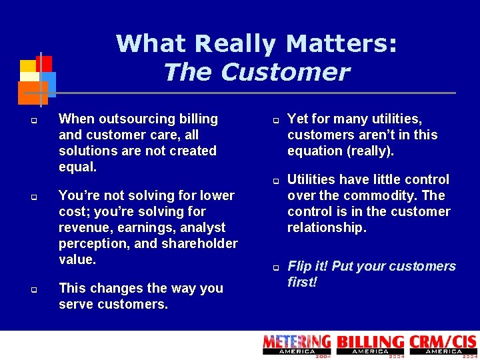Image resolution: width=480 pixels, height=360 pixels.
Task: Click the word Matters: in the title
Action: tap(341, 44)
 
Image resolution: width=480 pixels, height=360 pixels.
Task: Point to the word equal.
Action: tap(77, 167)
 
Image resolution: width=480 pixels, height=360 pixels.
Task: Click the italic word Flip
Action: tap(300, 266)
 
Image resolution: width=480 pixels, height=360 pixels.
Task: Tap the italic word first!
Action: tap(302, 282)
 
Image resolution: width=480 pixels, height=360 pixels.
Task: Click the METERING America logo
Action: tap(297, 345)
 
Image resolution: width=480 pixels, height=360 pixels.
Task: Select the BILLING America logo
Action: tap(370, 345)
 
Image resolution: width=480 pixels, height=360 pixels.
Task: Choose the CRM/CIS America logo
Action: tap(443, 345)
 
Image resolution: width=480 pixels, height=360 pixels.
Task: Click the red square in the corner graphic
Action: tap(44, 63)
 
